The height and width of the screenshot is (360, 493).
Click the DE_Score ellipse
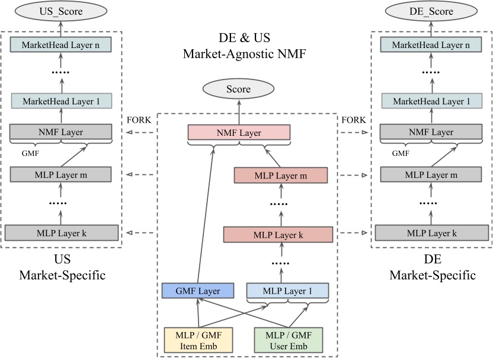click(x=431, y=12)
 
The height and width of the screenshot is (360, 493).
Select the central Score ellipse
click(x=239, y=90)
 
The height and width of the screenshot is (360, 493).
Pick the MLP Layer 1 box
click(x=287, y=291)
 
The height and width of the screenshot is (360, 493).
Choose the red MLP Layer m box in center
click(x=280, y=176)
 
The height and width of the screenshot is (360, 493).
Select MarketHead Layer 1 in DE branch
click(x=431, y=101)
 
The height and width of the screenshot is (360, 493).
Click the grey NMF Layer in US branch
click(x=60, y=132)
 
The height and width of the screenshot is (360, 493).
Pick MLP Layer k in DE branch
click(x=431, y=232)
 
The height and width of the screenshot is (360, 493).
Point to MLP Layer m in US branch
click(x=60, y=174)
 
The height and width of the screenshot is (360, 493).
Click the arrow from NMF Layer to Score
click(x=239, y=112)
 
